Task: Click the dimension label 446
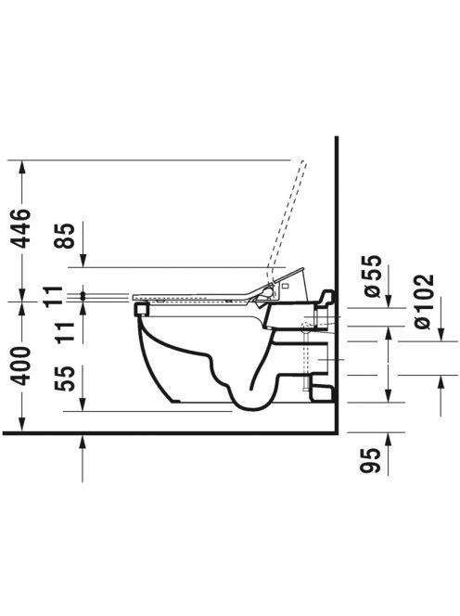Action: pos(20,228)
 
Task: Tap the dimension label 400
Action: pos(20,366)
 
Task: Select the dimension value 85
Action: pos(64,236)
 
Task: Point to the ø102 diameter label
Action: pos(424,302)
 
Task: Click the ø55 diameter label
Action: pos(371,277)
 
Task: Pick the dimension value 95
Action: pos(371,460)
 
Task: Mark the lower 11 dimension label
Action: pos(64,333)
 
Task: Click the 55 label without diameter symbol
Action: pos(64,379)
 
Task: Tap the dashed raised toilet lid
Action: pos(287,220)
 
